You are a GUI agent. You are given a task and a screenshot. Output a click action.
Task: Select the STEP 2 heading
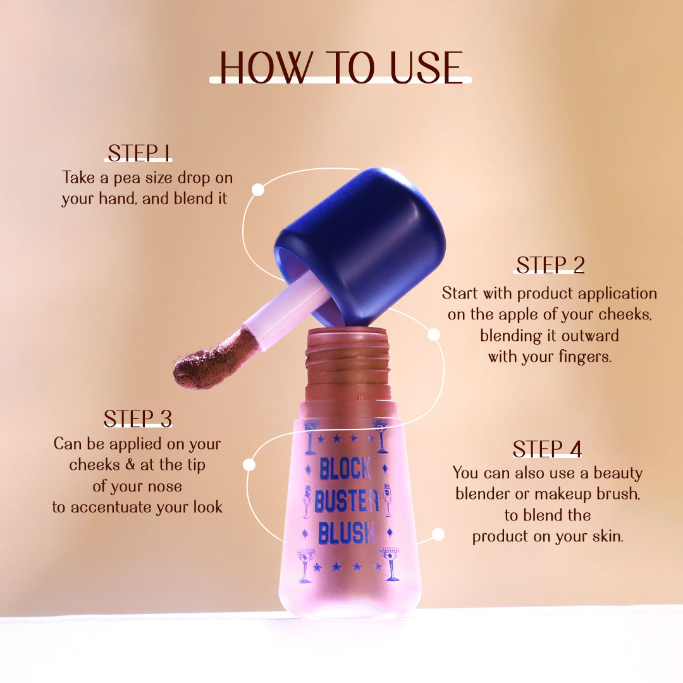point(550,264)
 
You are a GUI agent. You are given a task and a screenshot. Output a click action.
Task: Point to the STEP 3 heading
point(138,418)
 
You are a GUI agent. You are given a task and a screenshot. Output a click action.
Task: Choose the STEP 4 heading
point(547,448)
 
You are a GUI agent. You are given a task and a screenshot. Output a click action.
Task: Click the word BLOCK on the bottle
point(345,469)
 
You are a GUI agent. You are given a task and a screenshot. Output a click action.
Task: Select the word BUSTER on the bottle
point(346,502)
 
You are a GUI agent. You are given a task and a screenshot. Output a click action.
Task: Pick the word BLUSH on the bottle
point(347,534)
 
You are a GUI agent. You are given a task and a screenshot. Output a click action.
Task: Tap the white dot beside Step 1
point(257,189)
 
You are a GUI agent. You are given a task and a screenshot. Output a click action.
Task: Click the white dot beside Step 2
point(434,334)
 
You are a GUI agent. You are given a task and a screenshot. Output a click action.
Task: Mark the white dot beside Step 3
point(249,465)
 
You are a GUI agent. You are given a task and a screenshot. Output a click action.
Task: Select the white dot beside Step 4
point(438,534)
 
